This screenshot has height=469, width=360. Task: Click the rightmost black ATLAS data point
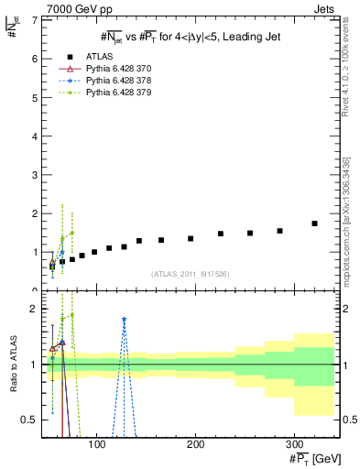coord(314,224)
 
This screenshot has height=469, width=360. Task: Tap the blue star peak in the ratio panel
coord(124,320)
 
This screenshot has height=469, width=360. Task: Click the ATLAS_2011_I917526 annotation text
coord(189,275)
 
